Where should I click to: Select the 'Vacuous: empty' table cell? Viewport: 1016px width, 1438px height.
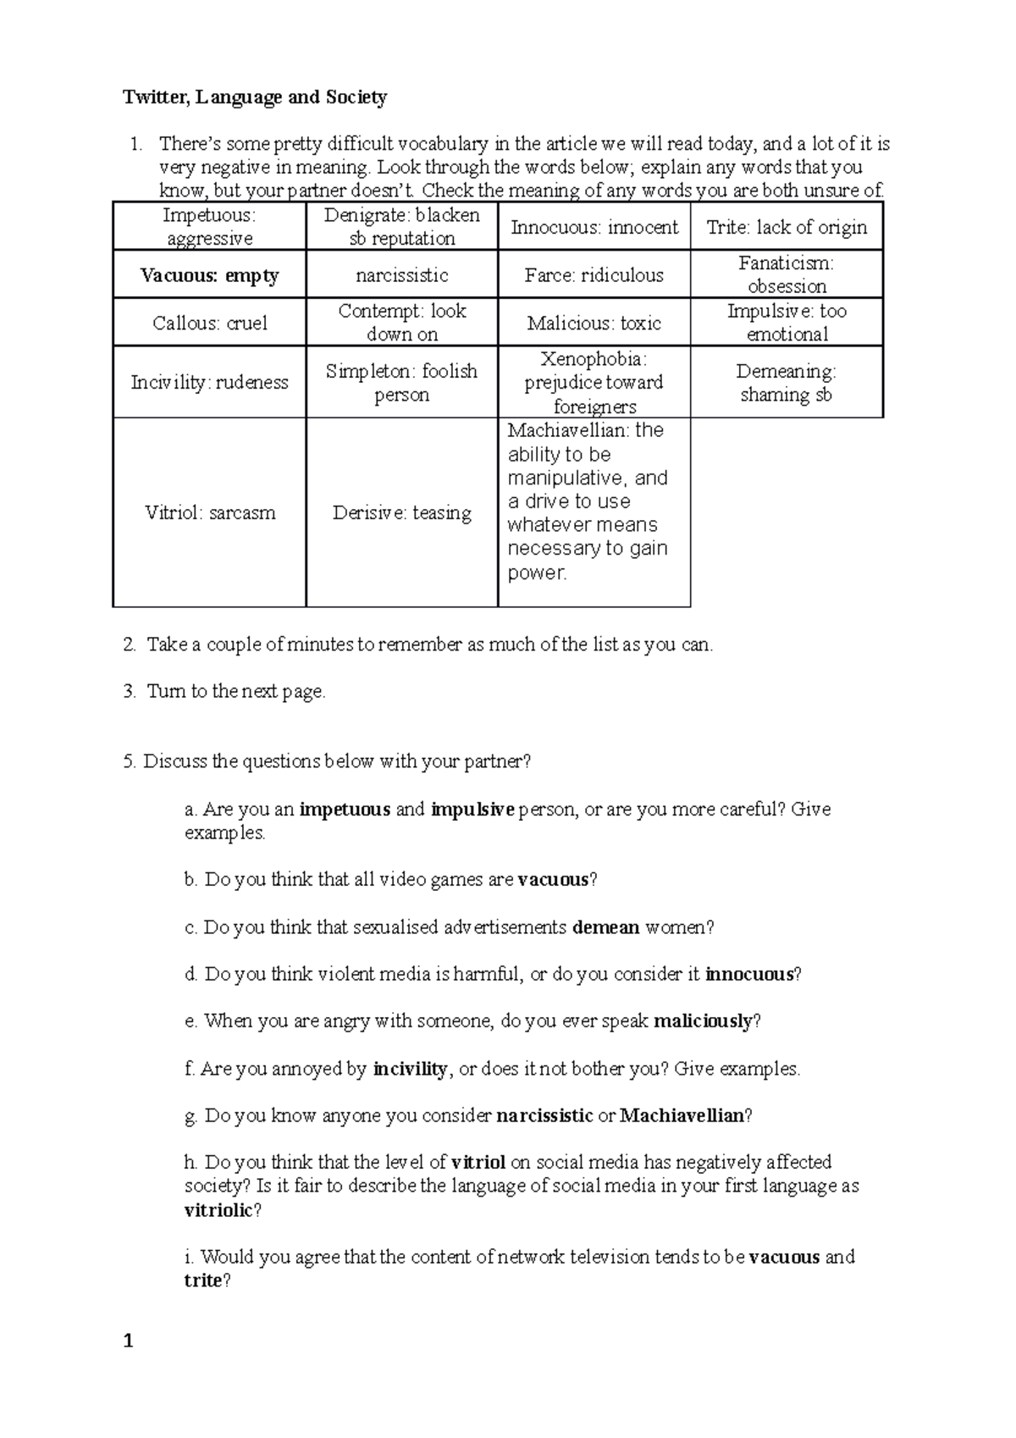tap(209, 275)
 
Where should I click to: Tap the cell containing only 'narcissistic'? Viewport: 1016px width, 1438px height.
tap(402, 275)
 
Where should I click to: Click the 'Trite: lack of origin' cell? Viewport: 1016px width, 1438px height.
tap(787, 227)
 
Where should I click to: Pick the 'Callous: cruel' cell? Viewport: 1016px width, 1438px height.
tap(209, 323)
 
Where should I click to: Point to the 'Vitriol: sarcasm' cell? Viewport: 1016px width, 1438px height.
tap(209, 512)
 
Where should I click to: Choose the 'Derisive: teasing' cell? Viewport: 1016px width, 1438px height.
tap(402, 512)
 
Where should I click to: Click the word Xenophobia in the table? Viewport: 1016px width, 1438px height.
tap(593, 358)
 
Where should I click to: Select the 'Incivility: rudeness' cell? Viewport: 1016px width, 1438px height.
tap(209, 382)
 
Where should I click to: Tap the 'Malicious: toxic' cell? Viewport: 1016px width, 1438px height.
tap(594, 323)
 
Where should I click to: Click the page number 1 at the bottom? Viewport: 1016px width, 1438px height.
tap(129, 1341)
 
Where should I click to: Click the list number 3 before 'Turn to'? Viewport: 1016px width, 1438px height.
tap(129, 692)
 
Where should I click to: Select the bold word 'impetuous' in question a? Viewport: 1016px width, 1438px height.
tap(345, 810)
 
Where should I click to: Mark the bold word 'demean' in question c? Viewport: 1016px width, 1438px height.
tap(606, 927)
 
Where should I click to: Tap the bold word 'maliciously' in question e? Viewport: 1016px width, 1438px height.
tap(703, 1021)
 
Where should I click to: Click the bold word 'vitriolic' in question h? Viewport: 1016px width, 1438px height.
tap(218, 1210)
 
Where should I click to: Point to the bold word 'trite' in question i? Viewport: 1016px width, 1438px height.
tap(202, 1280)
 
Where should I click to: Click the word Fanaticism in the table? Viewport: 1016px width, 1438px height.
tap(786, 263)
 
